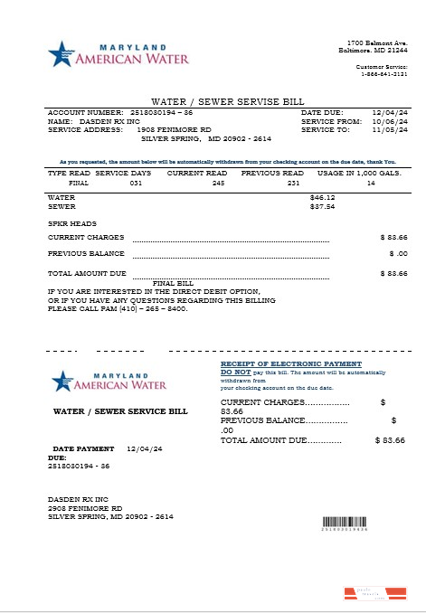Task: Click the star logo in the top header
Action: pos(60,54)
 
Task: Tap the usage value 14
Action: pos(371,183)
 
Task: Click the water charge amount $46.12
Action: pos(322,196)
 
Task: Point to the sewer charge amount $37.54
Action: pos(322,206)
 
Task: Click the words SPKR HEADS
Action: pos(72,223)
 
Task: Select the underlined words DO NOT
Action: pos(236,372)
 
